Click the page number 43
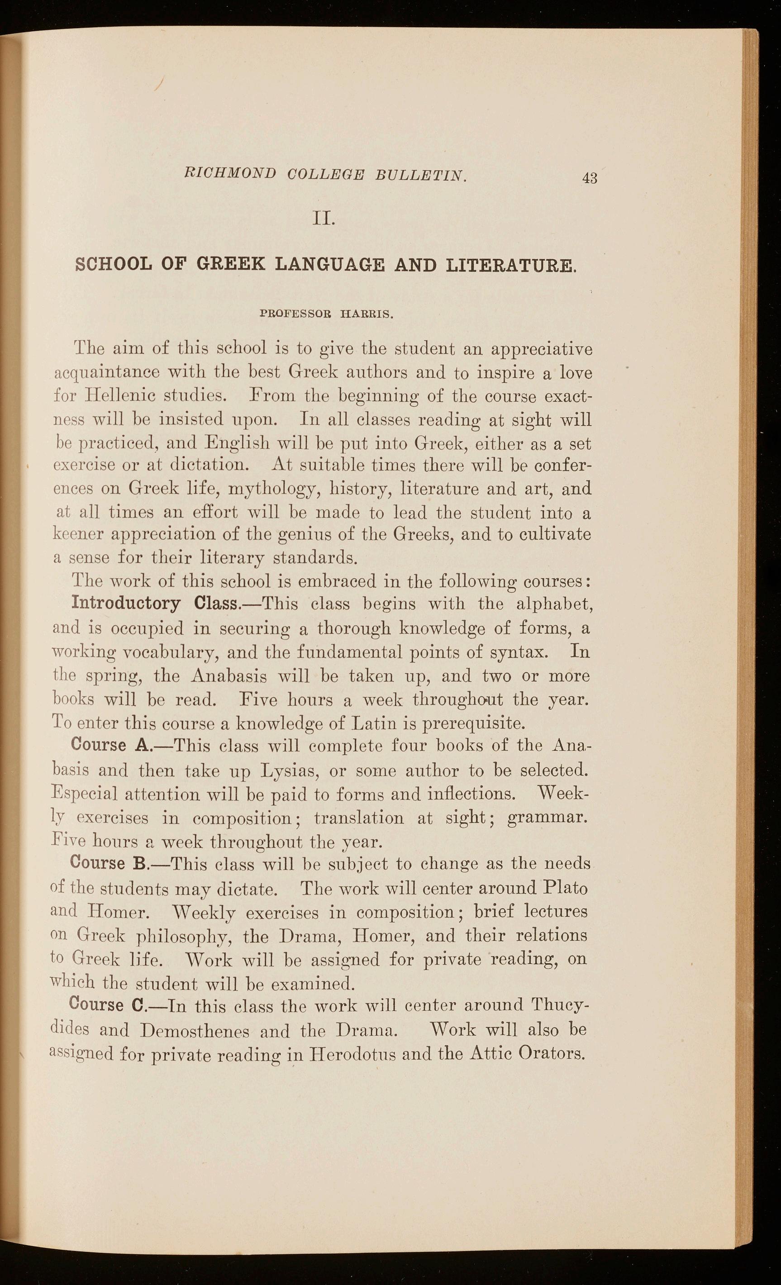pyautogui.click(x=590, y=178)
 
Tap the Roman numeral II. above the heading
pyautogui.click(x=324, y=217)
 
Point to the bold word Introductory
pyautogui.click(x=126, y=604)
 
